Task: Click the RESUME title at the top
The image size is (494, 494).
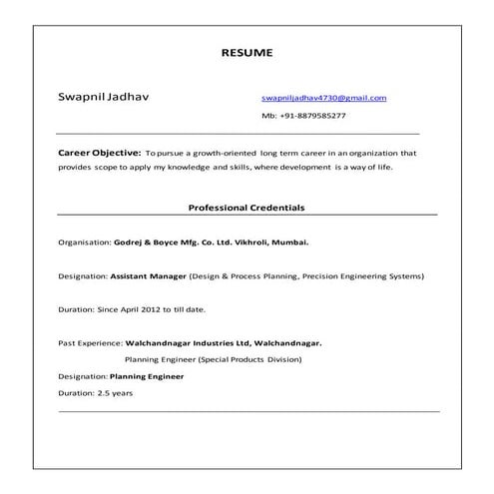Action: [246, 52]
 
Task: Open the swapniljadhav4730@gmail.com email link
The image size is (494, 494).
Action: [323, 98]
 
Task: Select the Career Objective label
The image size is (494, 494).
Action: [99, 154]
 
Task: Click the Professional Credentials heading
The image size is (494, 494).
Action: [247, 208]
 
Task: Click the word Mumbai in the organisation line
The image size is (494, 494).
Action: [289, 243]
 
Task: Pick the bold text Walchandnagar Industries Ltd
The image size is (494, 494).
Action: [191, 343]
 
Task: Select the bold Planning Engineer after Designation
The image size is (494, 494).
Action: [148, 376]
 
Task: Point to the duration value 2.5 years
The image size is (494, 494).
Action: [115, 393]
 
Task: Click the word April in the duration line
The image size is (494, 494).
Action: [135, 309]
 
